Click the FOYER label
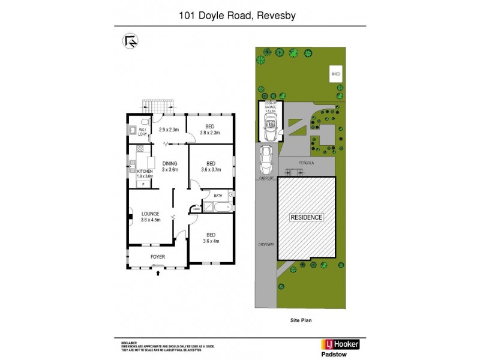click(158, 257)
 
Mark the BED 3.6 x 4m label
click(211, 238)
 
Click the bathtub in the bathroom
click(216, 208)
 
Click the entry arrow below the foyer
click(158, 274)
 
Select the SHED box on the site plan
click(335, 74)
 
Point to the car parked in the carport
click(266, 159)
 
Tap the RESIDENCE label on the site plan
click(307, 217)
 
